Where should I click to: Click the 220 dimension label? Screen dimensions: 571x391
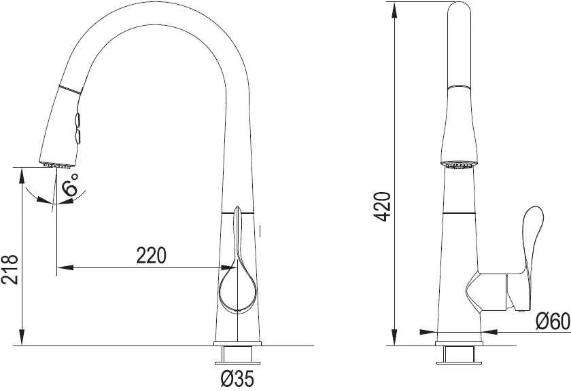(151, 255)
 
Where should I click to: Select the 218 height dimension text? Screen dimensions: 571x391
(10, 269)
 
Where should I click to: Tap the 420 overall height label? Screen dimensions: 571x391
(382, 206)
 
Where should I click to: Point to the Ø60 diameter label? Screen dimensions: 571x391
(553, 321)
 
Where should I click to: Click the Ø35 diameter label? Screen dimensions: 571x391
(237, 379)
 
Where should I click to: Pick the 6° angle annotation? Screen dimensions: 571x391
(69, 185)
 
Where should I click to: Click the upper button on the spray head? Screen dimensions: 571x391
(77, 119)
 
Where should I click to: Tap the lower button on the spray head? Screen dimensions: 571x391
(77, 136)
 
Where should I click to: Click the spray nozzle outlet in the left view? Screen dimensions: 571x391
(57, 165)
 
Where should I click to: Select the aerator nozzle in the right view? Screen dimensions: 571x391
(458, 166)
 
